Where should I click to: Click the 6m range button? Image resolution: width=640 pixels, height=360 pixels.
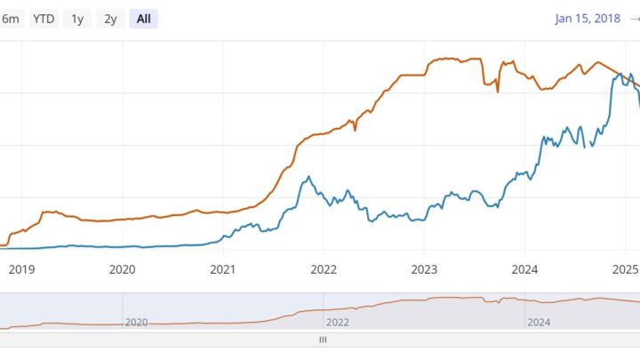pyautogui.click(x=12, y=20)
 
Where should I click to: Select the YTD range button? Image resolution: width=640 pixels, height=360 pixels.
pyautogui.click(x=43, y=20)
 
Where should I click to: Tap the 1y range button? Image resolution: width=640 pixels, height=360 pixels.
pyautogui.click(x=78, y=20)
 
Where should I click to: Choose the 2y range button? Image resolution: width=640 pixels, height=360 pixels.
pyautogui.click(x=110, y=20)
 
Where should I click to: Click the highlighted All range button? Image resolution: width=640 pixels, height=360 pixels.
pyautogui.click(x=143, y=20)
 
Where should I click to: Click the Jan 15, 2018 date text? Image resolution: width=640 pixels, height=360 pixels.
pyautogui.click(x=587, y=20)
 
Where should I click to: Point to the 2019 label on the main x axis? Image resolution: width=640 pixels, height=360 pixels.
pyautogui.click(x=20, y=269)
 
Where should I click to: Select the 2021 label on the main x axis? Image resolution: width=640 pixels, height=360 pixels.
pyautogui.click(x=222, y=269)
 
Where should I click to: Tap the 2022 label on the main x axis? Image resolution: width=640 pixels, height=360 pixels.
pyautogui.click(x=324, y=269)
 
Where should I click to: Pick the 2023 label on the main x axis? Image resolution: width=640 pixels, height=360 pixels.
pyautogui.click(x=424, y=269)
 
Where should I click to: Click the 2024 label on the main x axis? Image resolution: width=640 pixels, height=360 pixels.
pyautogui.click(x=525, y=269)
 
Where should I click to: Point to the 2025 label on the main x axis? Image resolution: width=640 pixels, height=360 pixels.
pyautogui.click(x=625, y=269)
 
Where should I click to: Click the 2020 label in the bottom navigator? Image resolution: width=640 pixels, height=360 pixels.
pyautogui.click(x=136, y=323)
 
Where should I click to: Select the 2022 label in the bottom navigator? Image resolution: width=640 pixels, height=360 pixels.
pyautogui.click(x=338, y=323)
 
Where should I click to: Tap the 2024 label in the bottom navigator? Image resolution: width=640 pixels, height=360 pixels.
pyautogui.click(x=540, y=323)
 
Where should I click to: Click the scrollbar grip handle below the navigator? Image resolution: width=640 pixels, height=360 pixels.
pyautogui.click(x=323, y=340)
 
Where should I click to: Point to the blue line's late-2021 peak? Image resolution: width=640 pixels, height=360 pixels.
pyautogui.click(x=307, y=176)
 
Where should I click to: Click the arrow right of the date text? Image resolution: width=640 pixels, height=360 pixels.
pyautogui.click(x=634, y=20)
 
